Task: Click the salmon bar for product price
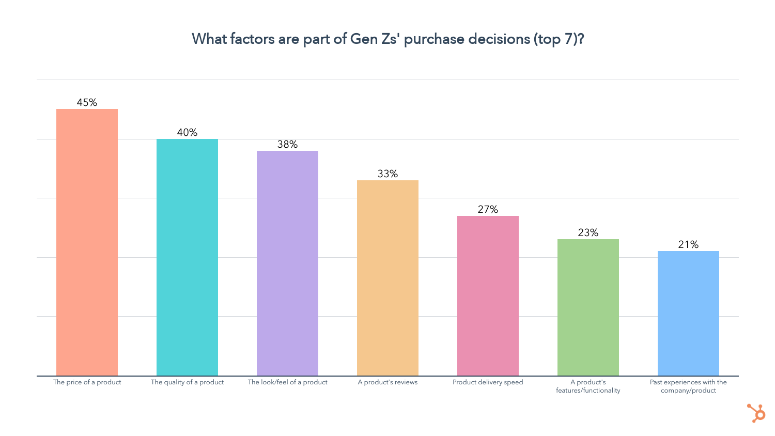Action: coord(87,242)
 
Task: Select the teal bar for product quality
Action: coord(187,257)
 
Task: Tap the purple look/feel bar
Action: coord(287,263)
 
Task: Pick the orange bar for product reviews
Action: coord(388,278)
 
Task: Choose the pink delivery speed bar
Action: coord(488,295)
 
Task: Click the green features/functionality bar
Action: coord(588,307)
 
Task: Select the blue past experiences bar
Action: coord(688,313)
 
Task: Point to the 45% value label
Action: coord(87,102)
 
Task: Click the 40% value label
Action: coord(187,132)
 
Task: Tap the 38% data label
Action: coord(287,144)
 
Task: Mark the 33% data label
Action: coord(388,174)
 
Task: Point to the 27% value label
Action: coord(488,209)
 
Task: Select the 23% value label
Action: coord(588,232)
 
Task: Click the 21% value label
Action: coord(688,244)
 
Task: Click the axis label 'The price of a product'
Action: coord(87,382)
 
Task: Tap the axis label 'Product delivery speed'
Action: coord(488,382)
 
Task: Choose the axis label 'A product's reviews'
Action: coord(388,382)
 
